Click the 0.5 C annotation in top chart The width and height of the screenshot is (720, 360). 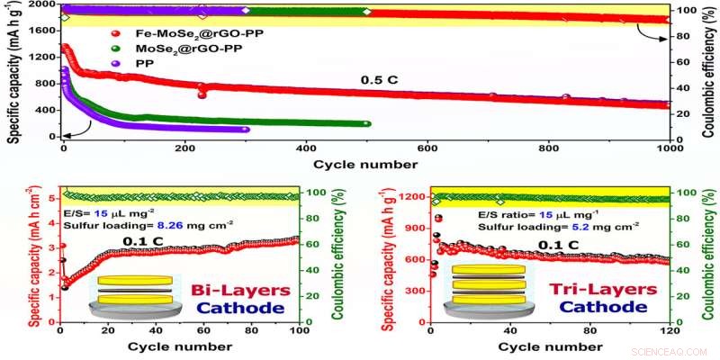(379, 79)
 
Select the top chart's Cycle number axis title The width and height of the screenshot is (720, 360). (365, 165)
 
